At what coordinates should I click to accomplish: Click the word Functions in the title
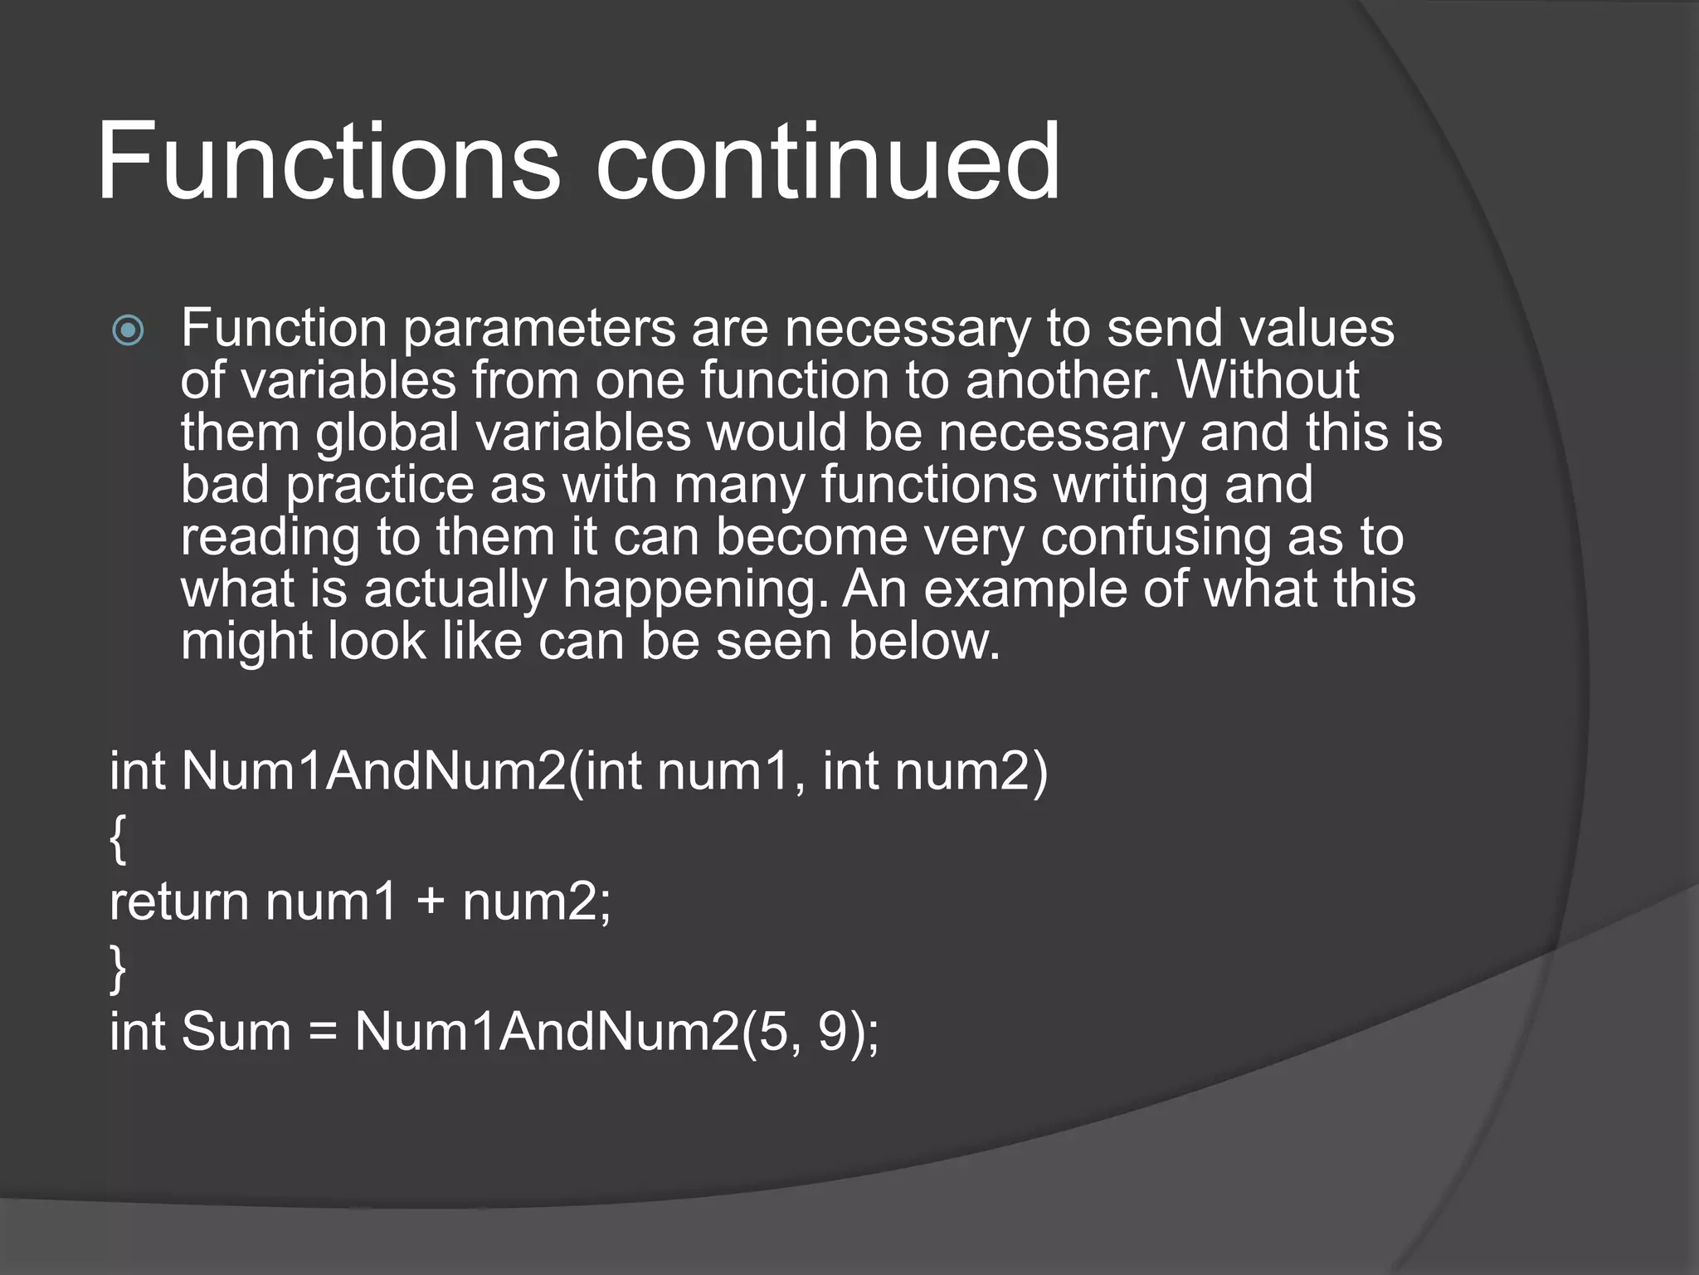pyautogui.click(x=329, y=161)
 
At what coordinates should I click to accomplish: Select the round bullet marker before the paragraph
pyautogui.click(x=129, y=331)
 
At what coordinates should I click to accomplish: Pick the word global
pyautogui.click(x=387, y=433)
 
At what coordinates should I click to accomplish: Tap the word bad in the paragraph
pyautogui.click(x=225, y=485)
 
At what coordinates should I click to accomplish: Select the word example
pyautogui.click(x=1025, y=589)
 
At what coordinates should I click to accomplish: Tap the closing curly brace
pyautogui.click(x=119, y=969)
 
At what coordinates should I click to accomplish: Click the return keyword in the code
pyautogui.click(x=179, y=902)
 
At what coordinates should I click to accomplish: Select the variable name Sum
pyautogui.click(x=236, y=1032)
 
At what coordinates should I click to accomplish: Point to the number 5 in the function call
pyautogui.click(x=772, y=1032)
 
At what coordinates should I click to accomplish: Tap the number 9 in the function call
pyautogui.click(x=832, y=1032)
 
